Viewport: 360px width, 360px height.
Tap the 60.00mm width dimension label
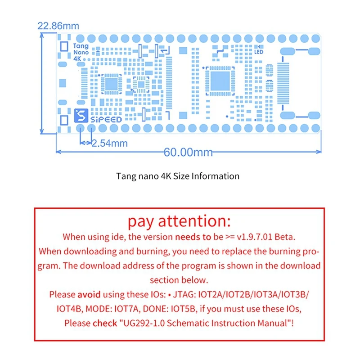tap(188, 152)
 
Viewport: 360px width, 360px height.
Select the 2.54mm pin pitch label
tap(109, 144)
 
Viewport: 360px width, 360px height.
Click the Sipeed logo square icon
tap(80, 116)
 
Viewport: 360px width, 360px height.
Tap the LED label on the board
tap(259, 52)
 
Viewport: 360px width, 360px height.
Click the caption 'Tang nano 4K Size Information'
tap(178, 176)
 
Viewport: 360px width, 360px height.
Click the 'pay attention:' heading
tap(179, 221)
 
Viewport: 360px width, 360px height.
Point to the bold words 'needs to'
tap(193, 236)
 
